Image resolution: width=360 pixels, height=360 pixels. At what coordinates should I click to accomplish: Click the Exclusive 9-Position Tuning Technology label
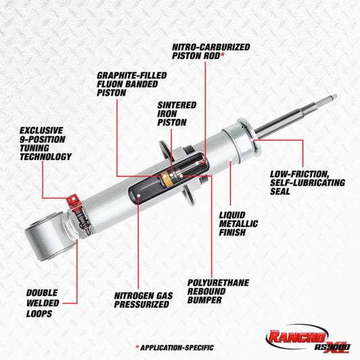coord(45,143)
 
